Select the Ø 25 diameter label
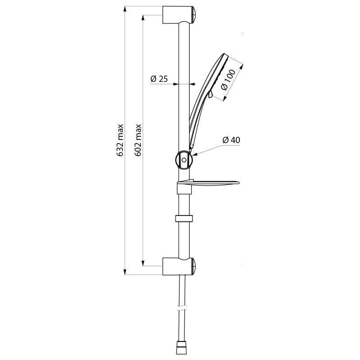[x=159, y=79]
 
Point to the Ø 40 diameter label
[x=231, y=140]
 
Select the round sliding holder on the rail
[x=184, y=159]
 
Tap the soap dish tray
[x=211, y=183]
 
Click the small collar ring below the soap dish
[x=184, y=220]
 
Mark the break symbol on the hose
[x=181, y=310]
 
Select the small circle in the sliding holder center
[x=184, y=159]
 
